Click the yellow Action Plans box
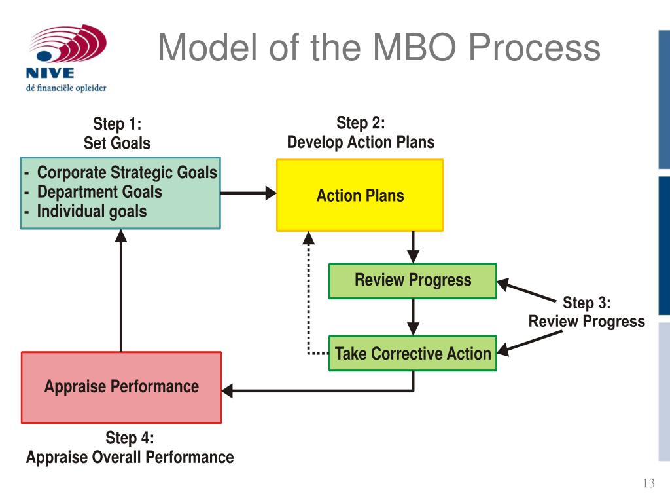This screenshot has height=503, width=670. pos(360,195)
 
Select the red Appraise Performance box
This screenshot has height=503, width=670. pos(121,388)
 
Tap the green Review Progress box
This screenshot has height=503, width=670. pos(413,281)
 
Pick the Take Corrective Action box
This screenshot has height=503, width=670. pos(413,353)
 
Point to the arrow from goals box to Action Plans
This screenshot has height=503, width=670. pos(248,193)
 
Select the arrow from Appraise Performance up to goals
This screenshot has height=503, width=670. pos(121,290)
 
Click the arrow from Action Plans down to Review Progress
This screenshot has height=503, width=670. pos(413,247)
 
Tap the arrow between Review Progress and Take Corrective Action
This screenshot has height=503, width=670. pos(413,317)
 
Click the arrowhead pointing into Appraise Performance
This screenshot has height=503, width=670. pos(227,390)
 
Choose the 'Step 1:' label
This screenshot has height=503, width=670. pos(117,124)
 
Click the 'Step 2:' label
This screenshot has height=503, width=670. pos(361,122)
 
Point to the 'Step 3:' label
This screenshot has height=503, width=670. pos(587,303)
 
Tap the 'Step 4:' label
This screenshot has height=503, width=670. pos(130,438)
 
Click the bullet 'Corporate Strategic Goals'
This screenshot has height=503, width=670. pos(127,172)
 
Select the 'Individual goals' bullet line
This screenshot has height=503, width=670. pos(92,212)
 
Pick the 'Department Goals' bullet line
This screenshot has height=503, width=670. pos(99,192)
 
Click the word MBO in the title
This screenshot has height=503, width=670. pos(414,47)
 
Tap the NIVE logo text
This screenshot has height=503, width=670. pos(50,73)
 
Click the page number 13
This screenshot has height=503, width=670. pos(648,483)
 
